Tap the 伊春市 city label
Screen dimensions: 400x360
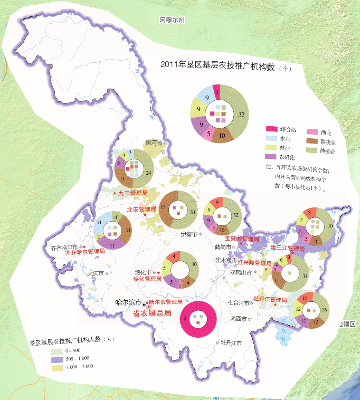tap(188, 234)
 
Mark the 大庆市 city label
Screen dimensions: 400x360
tap(99, 273)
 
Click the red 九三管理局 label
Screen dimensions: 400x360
tap(129, 193)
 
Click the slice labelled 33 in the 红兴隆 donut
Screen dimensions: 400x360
tap(304, 275)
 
